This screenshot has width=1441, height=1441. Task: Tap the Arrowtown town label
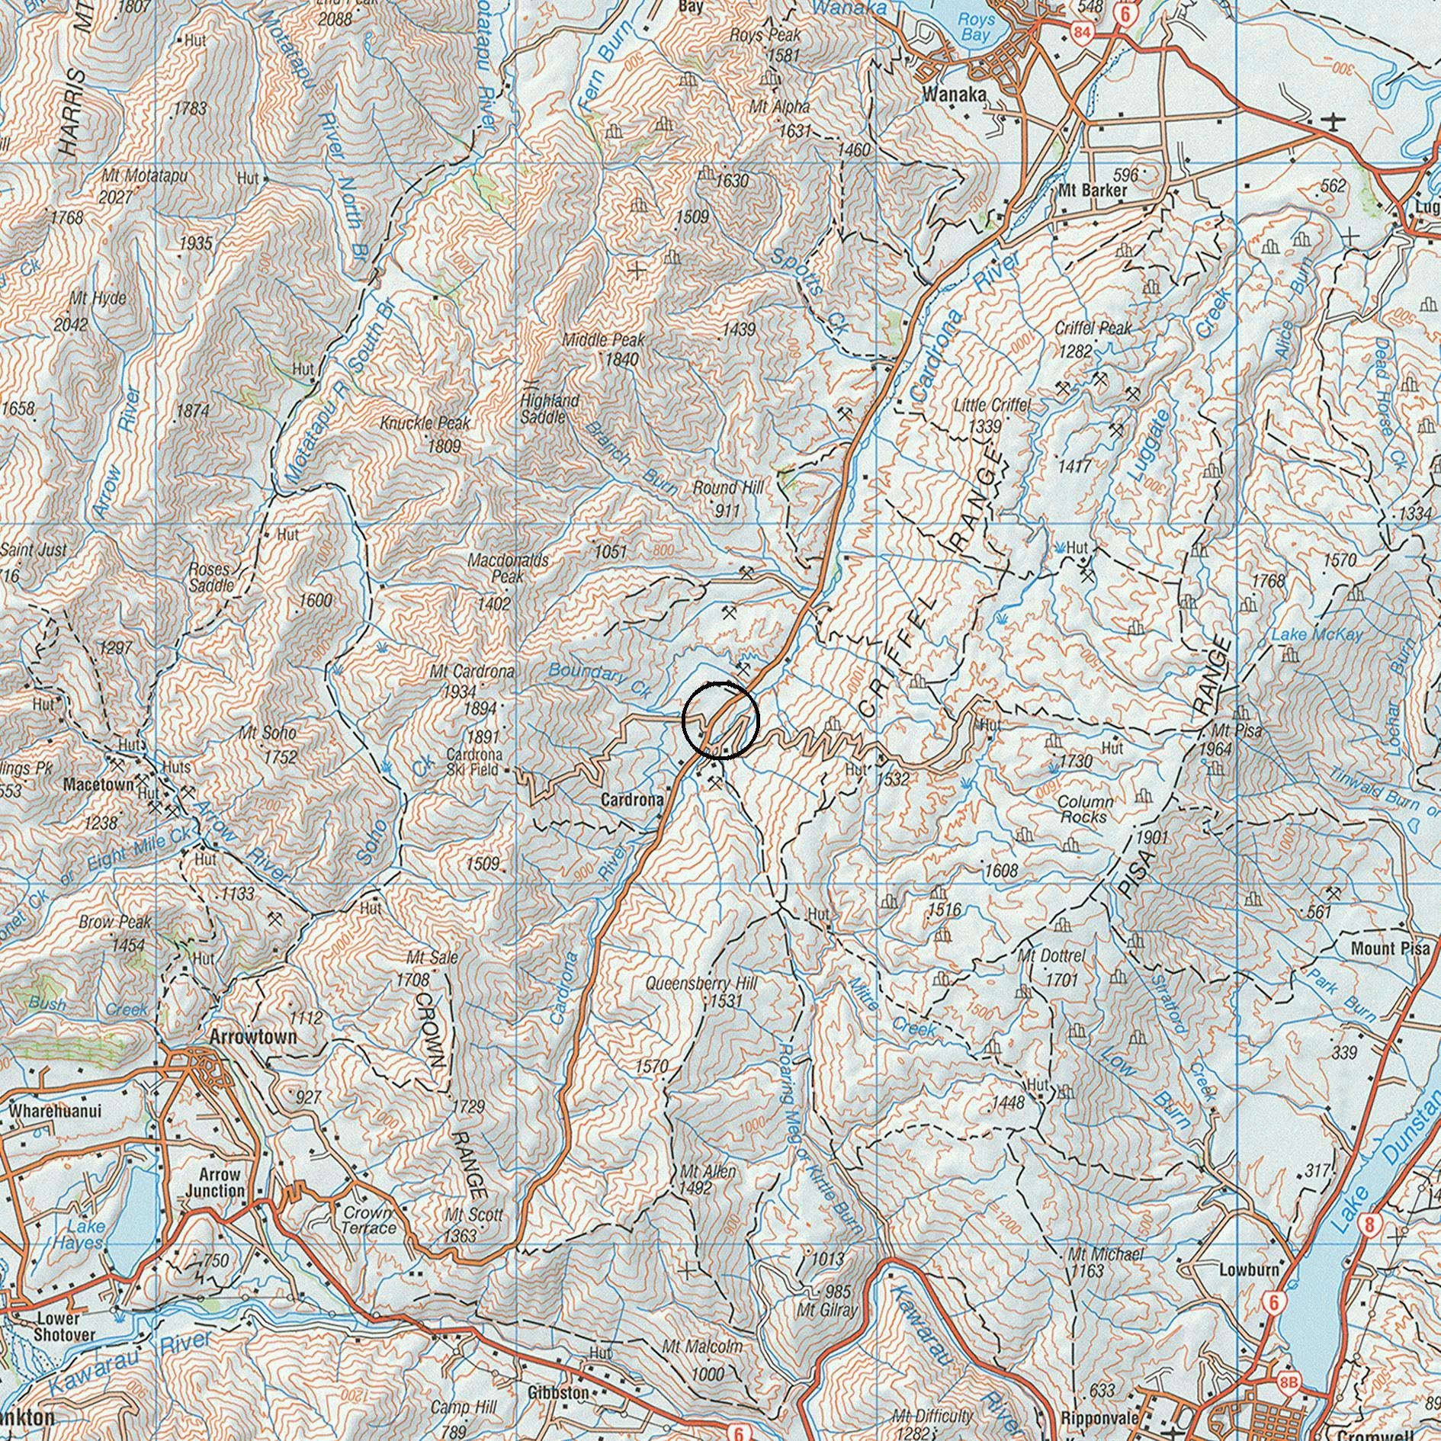pos(252,1038)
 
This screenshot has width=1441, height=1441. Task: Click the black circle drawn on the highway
pos(720,720)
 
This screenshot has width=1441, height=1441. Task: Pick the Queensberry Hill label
pos(701,984)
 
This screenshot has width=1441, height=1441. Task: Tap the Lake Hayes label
pos(85,1234)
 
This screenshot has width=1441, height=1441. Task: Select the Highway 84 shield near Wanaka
pos(1080,33)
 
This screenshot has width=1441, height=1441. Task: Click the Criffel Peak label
pos(1093,329)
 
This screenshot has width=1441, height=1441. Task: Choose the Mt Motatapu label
pos(144,176)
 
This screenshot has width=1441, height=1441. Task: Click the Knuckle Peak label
pos(425,423)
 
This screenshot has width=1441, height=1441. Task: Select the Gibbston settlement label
pos(557,1392)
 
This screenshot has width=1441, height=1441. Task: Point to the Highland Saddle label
pos(550,409)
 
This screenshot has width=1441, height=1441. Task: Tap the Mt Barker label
pos(1093,190)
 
